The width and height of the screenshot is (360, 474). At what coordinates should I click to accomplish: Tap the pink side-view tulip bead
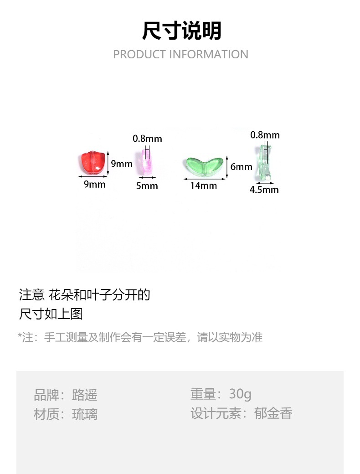tap(147, 162)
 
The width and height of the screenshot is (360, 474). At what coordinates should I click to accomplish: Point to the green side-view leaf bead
tap(263, 164)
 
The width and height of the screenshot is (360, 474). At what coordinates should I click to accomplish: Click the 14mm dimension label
tap(203, 185)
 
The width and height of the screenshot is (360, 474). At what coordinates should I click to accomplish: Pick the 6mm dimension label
tap(241, 167)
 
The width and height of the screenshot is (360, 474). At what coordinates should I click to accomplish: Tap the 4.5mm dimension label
tap(264, 190)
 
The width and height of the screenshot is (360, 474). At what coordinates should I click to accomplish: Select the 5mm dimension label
tap(147, 185)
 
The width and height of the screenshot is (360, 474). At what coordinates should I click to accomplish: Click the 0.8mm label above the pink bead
tap(147, 138)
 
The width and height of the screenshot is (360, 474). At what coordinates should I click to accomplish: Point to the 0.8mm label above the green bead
tap(265, 135)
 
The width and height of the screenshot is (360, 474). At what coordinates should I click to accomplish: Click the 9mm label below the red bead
tap(94, 184)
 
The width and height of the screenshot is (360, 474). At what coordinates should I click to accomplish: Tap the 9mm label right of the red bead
tap(121, 164)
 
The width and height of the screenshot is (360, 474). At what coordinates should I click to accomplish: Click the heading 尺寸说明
tap(181, 31)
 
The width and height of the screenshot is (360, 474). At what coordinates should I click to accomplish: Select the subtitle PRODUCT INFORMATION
tap(180, 54)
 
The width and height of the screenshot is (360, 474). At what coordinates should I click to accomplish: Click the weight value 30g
tap(240, 394)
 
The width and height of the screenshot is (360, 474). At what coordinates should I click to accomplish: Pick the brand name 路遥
tap(85, 395)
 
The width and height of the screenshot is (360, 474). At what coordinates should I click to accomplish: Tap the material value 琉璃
tap(85, 414)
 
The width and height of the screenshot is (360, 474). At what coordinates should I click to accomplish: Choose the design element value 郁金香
tap(273, 413)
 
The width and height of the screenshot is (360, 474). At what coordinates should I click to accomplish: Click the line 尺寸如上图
tap(51, 314)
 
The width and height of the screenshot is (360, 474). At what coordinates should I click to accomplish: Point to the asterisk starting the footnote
tap(20, 336)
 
